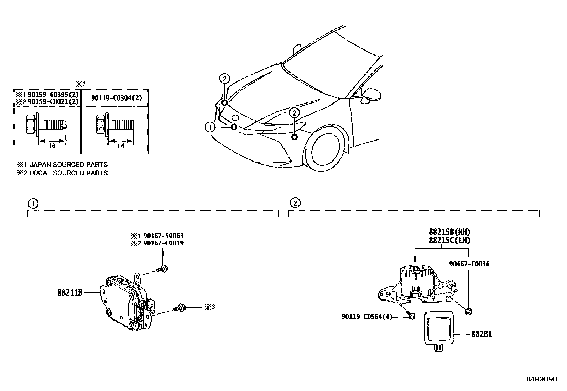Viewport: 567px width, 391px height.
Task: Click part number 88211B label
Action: [x=70, y=292]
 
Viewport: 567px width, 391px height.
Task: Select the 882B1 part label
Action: [x=482, y=334]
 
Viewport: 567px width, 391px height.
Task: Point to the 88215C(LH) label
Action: [x=449, y=241]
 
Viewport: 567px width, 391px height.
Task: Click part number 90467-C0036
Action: [x=469, y=264]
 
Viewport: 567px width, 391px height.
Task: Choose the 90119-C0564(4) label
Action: [x=366, y=316]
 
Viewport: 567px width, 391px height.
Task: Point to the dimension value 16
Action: [x=52, y=146]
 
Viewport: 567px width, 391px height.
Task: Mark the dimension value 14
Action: [x=121, y=146]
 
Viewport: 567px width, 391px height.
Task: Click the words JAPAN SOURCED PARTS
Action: [x=68, y=165]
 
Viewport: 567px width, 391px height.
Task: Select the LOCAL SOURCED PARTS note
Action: [x=68, y=173]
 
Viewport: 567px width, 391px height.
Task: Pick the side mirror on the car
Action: [x=370, y=96]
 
